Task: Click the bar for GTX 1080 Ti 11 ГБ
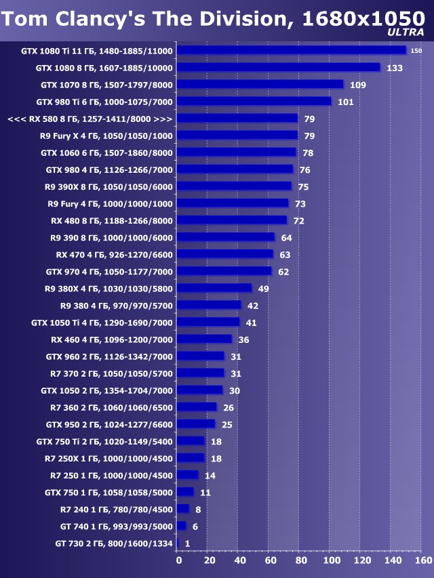(x=292, y=50)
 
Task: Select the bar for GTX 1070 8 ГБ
(x=261, y=85)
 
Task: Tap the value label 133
(x=394, y=68)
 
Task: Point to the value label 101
(x=345, y=102)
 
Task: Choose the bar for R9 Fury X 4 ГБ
(x=238, y=136)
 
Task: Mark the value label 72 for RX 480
(x=298, y=221)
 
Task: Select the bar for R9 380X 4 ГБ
(x=215, y=288)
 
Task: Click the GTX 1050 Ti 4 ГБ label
(x=102, y=323)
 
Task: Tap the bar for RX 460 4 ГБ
(x=205, y=339)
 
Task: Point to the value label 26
(x=229, y=407)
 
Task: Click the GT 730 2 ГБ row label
(x=114, y=543)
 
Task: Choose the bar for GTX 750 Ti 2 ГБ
(x=191, y=441)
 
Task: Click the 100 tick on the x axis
(x=331, y=560)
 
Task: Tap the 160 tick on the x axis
(x=422, y=560)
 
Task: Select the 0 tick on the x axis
(x=179, y=560)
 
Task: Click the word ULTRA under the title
(x=406, y=32)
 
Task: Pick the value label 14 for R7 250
(x=210, y=476)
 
